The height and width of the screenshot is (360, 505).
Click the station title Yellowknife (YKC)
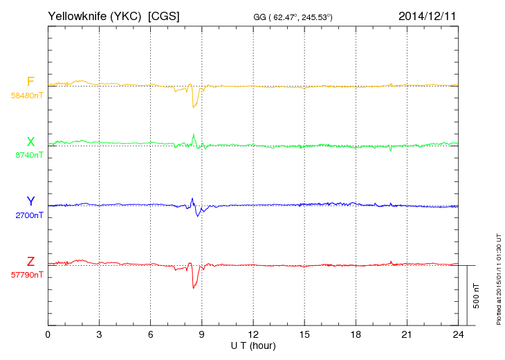95,15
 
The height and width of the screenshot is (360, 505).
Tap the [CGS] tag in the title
164,15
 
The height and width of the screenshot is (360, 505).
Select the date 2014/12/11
427,15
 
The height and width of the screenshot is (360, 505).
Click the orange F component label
30,82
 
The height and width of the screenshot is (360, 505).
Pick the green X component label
30,142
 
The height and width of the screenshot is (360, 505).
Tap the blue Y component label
30,201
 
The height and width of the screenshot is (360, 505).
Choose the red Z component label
30,262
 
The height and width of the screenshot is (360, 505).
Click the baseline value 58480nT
27,95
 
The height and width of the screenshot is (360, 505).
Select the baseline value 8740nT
29,155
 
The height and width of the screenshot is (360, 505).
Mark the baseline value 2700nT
29,215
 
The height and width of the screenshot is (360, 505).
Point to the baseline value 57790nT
27,275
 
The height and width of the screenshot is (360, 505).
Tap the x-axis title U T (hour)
253,345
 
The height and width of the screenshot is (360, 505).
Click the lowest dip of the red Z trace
194,287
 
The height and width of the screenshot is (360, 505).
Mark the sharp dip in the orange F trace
194,107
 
